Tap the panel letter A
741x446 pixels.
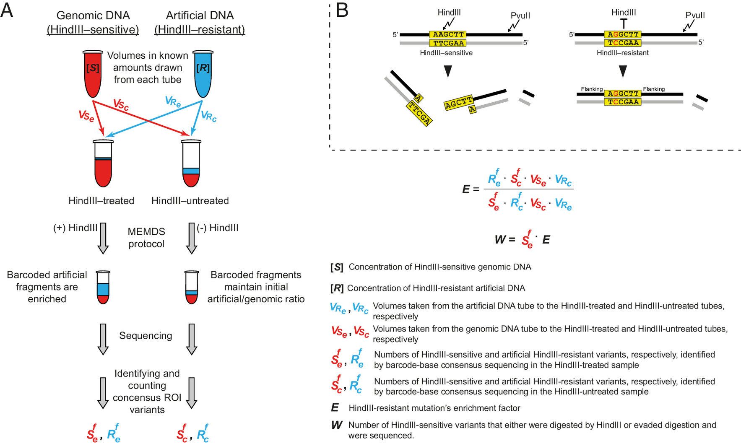[7, 10]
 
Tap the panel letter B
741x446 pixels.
[342, 10]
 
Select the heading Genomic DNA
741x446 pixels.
[93, 16]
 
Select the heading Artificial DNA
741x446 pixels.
[200, 16]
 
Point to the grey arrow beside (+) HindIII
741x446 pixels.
[103, 238]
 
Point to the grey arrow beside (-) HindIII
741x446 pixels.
[191, 238]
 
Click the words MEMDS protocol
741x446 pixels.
[146, 238]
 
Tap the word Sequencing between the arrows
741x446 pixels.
[146, 335]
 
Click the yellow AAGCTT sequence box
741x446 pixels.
[448, 34]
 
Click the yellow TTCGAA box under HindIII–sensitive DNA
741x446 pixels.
[448, 43]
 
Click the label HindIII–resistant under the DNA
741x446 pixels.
[622, 53]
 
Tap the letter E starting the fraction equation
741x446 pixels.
[465, 189]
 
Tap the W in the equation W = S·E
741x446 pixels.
[500, 240]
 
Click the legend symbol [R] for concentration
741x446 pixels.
[337, 288]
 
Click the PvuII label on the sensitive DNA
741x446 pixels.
[520, 16]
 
